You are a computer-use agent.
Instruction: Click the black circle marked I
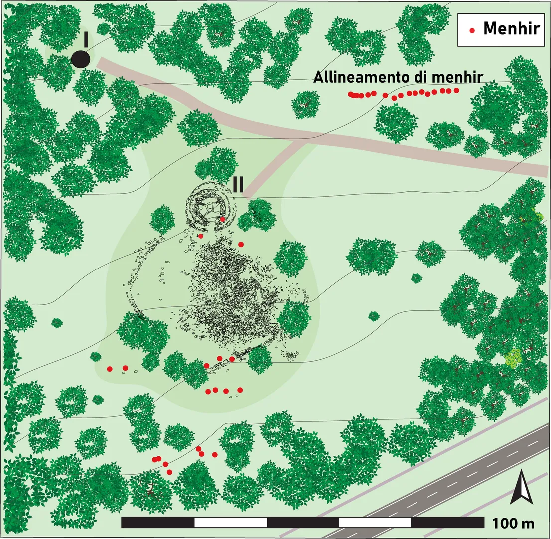tap(80, 59)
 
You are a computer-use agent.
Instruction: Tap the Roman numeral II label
tap(238, 184)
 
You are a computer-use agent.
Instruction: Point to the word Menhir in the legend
tap(512, 29)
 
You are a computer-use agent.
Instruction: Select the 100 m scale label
tap(513, 524)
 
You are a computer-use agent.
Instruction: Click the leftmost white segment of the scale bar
tap(230, 523)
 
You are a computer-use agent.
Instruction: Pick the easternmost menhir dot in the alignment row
tap(456, 90)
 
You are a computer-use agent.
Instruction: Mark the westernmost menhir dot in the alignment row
tap(351, 94)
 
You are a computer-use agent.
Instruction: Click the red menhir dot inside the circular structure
tap(222, 219)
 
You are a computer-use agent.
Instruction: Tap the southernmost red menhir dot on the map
tap(169, 472)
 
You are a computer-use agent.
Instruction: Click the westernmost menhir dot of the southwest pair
tap(110, 369)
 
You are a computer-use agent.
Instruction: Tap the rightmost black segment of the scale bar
tap(447, 523)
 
